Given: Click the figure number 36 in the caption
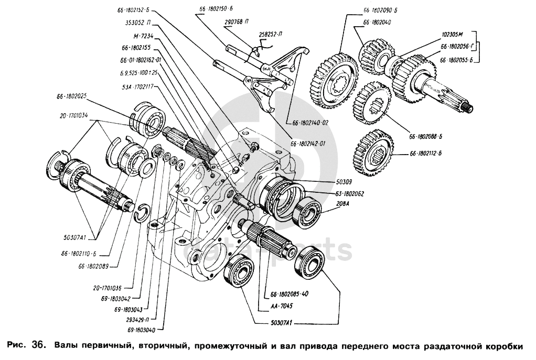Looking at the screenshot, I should tap(40, 345).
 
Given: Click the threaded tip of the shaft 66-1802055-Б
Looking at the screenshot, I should tap(470, 108).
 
